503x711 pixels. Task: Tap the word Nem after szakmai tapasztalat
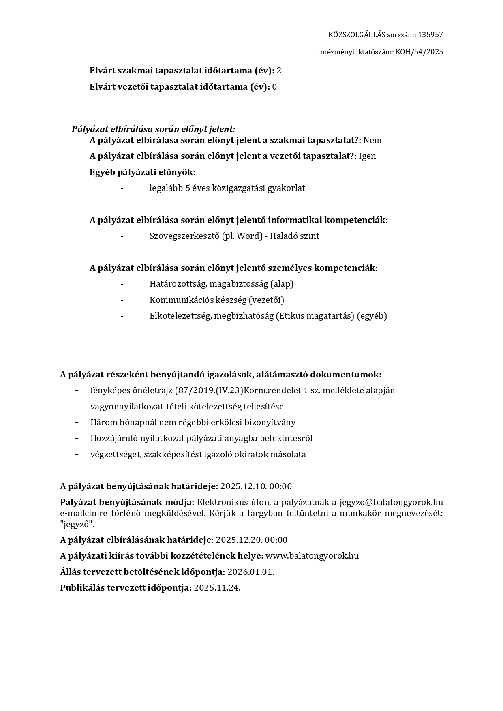pos(372,140)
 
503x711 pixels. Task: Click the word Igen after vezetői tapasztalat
pos(367,156)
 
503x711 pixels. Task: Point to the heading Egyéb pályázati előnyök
pos(142,172)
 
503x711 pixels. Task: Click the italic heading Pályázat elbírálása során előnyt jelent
pos(153,129)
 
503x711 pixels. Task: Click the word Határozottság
pos(176,284)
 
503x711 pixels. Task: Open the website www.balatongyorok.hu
pos(312,556)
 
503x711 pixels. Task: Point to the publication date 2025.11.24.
pos(217,588)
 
